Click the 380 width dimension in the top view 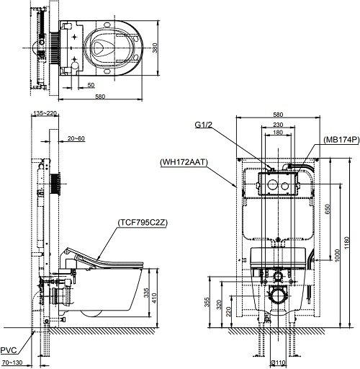155,48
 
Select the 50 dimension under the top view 91,85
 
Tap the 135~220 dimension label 45,113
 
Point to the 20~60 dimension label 76,138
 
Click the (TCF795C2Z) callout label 143,223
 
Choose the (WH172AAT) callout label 184,162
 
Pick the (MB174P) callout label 341,140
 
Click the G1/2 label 204,125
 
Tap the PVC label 9,350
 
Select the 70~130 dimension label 12,363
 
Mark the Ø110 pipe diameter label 279,363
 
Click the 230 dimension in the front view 278,125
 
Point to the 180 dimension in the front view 278,133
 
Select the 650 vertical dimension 328,209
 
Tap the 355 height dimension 207,302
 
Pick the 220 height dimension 228,311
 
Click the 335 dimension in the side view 146,293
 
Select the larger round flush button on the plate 272,184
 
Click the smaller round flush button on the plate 284,186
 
